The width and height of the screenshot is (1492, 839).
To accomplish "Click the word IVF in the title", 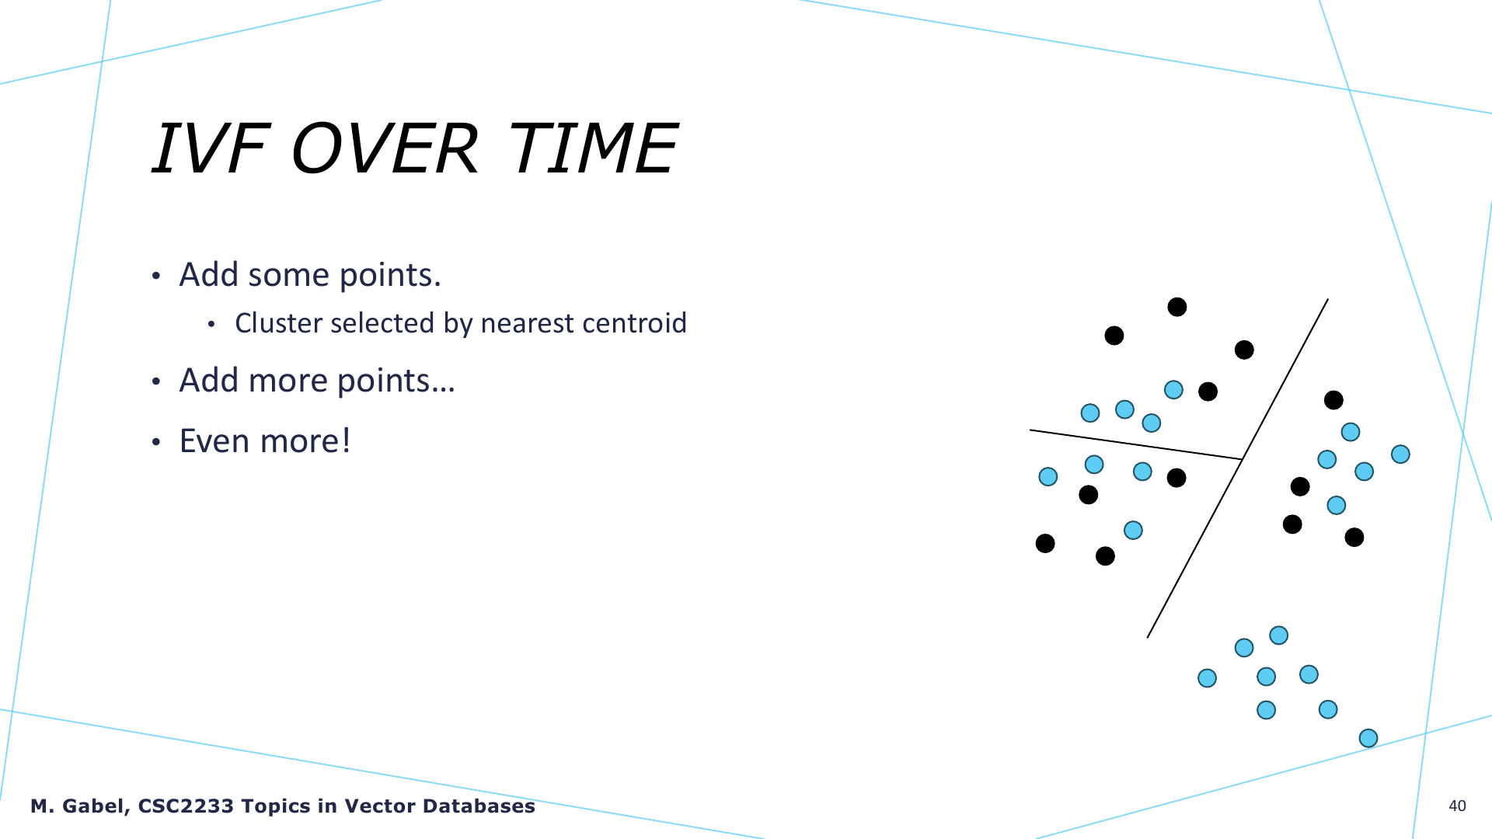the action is tap(210, 148).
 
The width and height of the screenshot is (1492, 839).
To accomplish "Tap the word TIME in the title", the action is tap(593, 148).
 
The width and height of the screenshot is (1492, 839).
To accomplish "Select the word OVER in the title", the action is tap(384, 148).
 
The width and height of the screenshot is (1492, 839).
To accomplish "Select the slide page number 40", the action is tap(1457, 806).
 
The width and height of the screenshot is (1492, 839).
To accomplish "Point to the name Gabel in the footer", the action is tap(95, 806).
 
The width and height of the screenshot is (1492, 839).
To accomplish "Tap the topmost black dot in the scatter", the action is tap(1177, 307).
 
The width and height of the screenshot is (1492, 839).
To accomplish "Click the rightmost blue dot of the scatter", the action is tap(1400, 454).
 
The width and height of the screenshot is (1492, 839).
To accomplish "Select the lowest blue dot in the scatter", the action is tap(1368, 738).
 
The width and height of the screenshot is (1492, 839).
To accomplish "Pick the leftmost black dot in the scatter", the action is tap(1045, 543).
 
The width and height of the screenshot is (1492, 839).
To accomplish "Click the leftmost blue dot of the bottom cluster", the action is tap(1207, 678).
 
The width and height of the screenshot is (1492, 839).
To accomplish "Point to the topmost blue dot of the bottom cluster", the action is tap(1278, 635).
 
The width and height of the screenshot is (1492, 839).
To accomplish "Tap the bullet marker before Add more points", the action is tap(156, 382).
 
